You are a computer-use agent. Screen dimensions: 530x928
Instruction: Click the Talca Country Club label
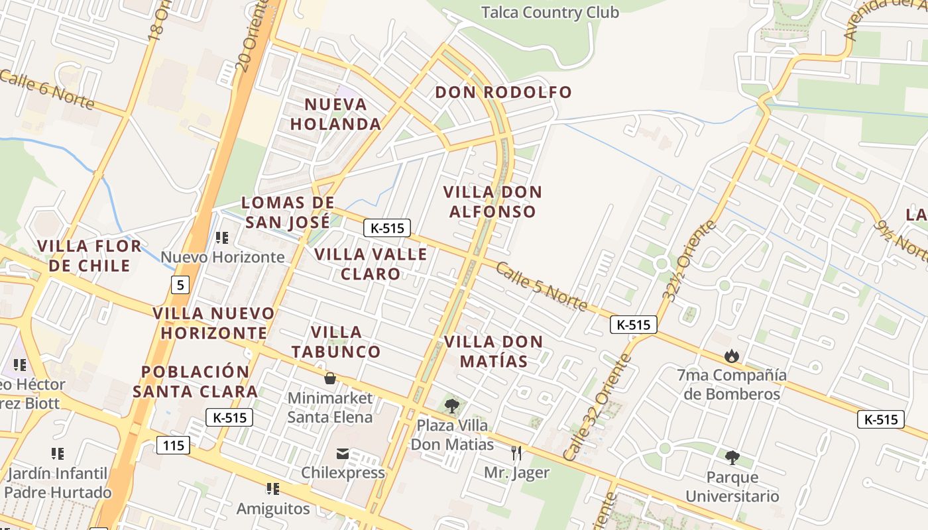(x=550, y=13)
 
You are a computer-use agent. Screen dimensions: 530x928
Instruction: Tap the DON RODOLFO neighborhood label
(x=503, y=92)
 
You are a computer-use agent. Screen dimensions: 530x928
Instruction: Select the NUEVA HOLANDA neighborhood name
(x=336, y=114)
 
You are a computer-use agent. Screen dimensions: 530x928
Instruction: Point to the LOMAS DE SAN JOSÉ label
(x=288, y=212)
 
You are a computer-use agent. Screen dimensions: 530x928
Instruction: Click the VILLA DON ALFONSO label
(x=493, y=202)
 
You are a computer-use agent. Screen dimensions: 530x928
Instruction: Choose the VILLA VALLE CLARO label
(x=371, y=264)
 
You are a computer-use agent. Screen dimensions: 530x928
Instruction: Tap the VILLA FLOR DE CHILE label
(x=89, y=256)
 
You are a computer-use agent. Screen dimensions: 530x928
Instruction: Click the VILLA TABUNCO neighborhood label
(x=336, y=342)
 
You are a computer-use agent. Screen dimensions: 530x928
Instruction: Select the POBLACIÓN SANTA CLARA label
(x=196, y=381)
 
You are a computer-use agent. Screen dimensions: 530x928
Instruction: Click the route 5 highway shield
(x=180, y=286)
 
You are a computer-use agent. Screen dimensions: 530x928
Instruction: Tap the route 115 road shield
(x=174, y=445)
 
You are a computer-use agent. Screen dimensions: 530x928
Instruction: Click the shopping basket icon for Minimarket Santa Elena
(x=329, y=378)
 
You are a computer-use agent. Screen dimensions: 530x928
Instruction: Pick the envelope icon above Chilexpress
(x=343, y=454)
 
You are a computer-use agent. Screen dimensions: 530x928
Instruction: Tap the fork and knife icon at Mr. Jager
(x=516, y=453)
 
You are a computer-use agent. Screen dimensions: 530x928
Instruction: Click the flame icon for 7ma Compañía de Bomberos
(x=732, y=356)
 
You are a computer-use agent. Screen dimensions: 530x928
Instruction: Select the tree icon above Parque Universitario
(x=732, y=457)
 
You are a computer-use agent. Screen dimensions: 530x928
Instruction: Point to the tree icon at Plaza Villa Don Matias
(x=452, y=405)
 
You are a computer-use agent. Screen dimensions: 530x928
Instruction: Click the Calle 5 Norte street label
(x=541, y=286)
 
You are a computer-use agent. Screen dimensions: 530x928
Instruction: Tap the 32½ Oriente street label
(x=689, y=261)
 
